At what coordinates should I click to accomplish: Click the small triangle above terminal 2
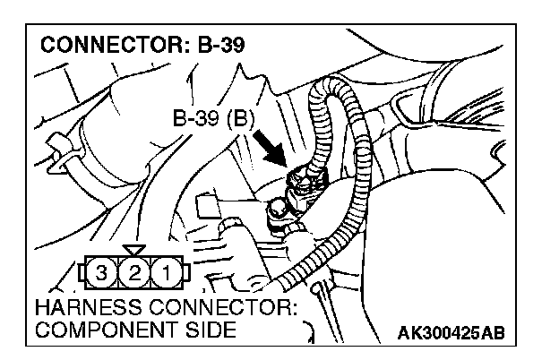pyautogui.click(x=133, y=248)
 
